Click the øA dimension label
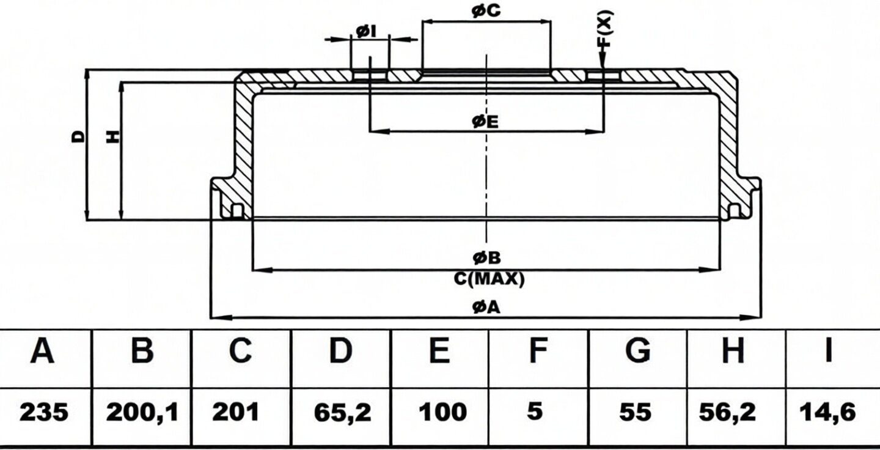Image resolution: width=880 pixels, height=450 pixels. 486,307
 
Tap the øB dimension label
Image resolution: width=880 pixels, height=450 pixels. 486,258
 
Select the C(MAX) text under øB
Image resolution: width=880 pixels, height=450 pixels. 489,279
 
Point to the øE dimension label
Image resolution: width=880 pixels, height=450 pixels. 486,122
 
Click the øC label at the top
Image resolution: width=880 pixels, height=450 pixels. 486,11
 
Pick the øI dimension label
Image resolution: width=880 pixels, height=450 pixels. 366,31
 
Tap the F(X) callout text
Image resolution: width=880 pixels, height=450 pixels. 604,28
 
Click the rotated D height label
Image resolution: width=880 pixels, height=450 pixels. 78,136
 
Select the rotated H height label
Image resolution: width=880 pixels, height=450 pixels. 112,136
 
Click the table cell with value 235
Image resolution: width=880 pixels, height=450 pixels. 43,412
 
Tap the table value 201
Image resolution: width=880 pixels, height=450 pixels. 236,412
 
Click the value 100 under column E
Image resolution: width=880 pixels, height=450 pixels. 442,412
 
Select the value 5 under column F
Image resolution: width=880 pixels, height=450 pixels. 535,411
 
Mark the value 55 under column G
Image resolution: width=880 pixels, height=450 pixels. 636,412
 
